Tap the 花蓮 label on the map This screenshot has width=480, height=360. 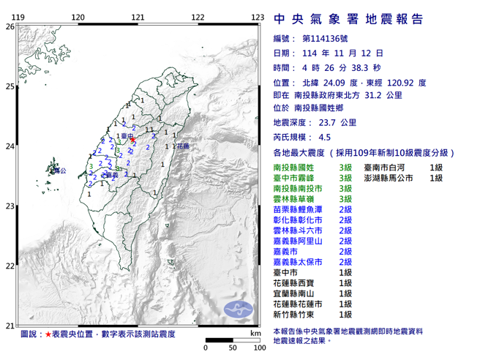[x=182, y=146]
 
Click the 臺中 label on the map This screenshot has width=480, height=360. [x=126, y=136]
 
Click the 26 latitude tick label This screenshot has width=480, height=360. [x=10, y=26]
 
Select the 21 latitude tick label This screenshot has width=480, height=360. [x=10, y=326]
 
